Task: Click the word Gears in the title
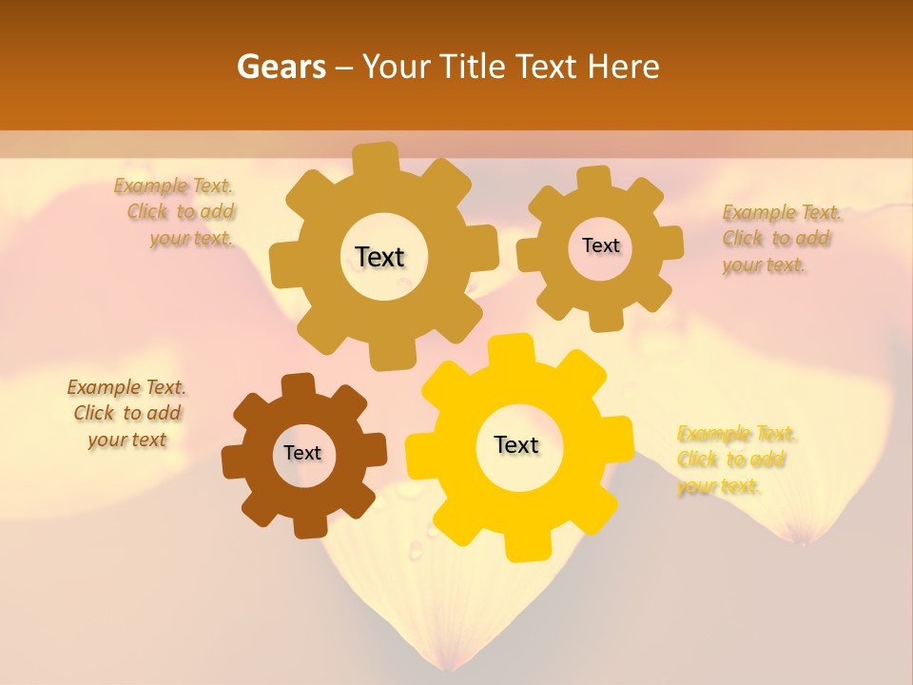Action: [281, 67]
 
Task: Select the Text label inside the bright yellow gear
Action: [516, 445]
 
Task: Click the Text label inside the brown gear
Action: [302, 454]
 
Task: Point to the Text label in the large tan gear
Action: [379, 257]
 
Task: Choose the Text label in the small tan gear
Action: [600, 245]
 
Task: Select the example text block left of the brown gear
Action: [126, 413]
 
